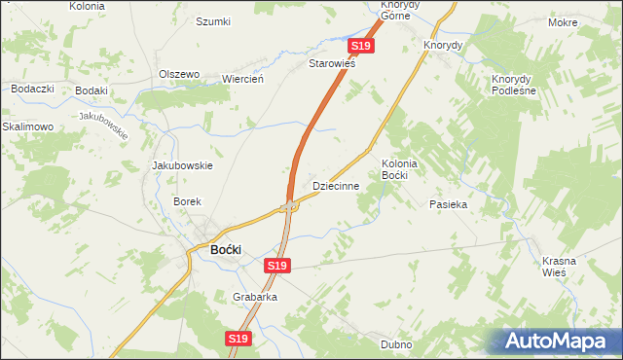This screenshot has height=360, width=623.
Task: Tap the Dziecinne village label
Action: [x=336, y=185]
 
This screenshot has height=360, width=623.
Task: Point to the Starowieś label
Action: [x=332, y=64]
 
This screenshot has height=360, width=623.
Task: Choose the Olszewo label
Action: [x=179, y=74]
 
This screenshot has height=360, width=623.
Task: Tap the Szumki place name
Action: [x=213, y=21]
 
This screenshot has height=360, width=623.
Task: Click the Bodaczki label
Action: [x=32, y=89]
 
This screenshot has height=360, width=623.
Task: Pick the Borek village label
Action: [x=187, y=201]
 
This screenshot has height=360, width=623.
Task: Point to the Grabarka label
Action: [x=255, y=297]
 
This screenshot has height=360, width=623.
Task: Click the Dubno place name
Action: [x=397, y=344]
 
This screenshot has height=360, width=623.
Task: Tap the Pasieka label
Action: [x=449, y=205]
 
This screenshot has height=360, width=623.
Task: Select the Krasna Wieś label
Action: [x=560, y=267]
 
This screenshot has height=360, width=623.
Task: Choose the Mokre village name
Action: [x=590, y=21]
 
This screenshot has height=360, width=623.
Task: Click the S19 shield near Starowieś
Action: [x=360, y=46]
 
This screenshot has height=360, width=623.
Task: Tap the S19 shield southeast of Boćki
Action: [x=277, y=265]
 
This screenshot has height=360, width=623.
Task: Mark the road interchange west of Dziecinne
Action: [x=289, y=206]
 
